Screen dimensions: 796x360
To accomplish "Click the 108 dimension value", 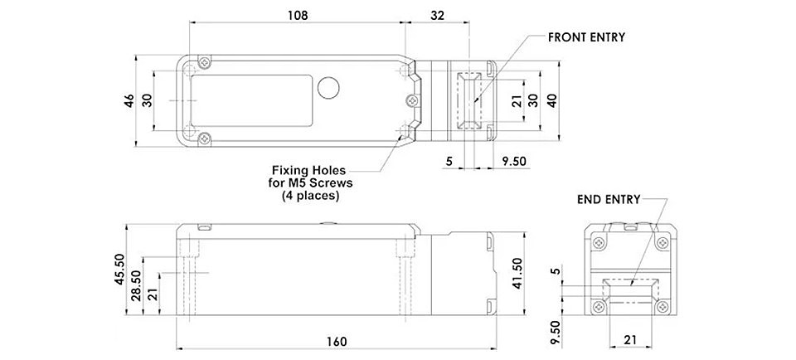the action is click(298, 15).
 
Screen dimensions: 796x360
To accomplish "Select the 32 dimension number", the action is click(437, 15).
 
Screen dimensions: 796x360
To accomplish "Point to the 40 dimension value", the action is click(552, 100).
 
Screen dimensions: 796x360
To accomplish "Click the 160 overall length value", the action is click(337, 341).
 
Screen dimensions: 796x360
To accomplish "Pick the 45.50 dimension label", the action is click(119, 269).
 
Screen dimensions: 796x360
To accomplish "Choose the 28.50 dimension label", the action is click(136, 286).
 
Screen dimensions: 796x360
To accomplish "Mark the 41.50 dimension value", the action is click(517, 273).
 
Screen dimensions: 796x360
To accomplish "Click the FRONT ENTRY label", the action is click(586, 37).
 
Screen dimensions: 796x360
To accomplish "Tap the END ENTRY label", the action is click(609, 200).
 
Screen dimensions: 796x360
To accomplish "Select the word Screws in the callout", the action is click(332, 182).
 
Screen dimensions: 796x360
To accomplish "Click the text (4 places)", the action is click(310, 196).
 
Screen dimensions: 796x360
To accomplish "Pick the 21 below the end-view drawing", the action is click(629, 340).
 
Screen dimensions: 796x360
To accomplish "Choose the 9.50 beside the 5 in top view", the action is click(514, 162).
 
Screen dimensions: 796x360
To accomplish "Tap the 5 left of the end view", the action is click(556, 271).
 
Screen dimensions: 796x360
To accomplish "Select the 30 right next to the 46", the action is click(147, 100).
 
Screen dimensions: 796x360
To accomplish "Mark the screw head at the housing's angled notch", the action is click(413, 100).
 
